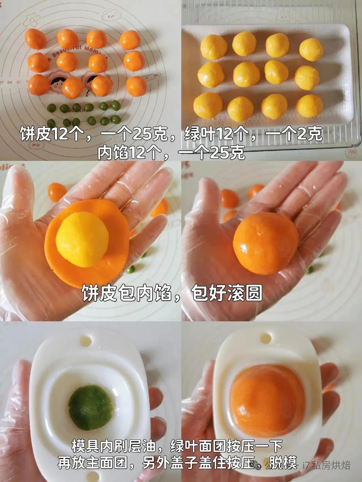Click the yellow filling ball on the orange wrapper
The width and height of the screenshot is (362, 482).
(x=82, y=239)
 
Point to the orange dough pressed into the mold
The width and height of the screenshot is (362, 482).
(x=267, y=400)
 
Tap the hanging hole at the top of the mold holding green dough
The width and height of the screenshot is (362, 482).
(x=85, y=341)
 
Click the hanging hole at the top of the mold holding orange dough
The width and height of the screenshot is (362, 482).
(x=265, y=338)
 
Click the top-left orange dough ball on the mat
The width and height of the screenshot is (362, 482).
(x=35, y=39)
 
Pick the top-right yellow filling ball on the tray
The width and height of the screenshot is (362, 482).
(x=311, y=50)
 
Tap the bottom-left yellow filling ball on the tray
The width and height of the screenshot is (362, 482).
(x=208, y=105)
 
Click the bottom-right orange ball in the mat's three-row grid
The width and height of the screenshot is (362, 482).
(x=136, y=86)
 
